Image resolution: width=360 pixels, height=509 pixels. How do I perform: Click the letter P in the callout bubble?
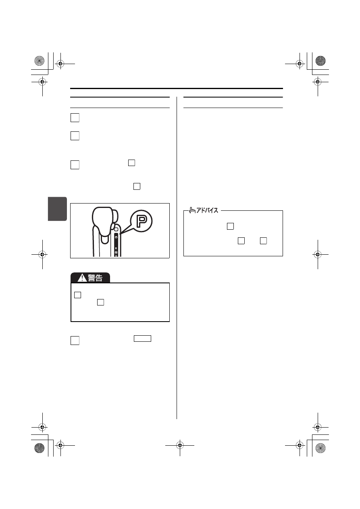tap(142, 221)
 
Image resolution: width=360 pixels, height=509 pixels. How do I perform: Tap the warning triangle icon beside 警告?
tap(82, 278)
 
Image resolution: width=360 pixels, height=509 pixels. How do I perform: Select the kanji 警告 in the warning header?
tap(95, 278)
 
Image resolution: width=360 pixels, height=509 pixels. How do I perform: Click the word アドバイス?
tap(207, 210)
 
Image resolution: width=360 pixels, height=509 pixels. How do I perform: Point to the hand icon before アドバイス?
tap(192, 210)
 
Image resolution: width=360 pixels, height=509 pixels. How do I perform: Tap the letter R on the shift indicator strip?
tap(116, 249)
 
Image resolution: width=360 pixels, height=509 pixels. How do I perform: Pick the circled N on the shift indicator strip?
tap(116, 252)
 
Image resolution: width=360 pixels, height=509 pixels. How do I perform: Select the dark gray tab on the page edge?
tap(57, 209)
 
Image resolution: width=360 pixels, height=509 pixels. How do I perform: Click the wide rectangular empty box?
tap(142, 339)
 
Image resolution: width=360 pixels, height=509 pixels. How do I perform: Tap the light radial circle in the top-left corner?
tap(40, 61)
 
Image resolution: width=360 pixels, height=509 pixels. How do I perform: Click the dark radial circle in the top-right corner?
tap(320, 61)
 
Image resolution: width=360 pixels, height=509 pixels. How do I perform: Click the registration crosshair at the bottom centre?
tap(180, 445)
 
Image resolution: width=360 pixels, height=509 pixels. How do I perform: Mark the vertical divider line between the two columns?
tap(177, 258)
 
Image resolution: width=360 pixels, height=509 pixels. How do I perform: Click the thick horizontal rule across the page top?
tap(177, 88)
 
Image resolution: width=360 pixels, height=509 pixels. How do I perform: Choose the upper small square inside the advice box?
tap(230, 226)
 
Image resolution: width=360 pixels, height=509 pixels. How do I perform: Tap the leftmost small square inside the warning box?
tap(77, 295)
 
